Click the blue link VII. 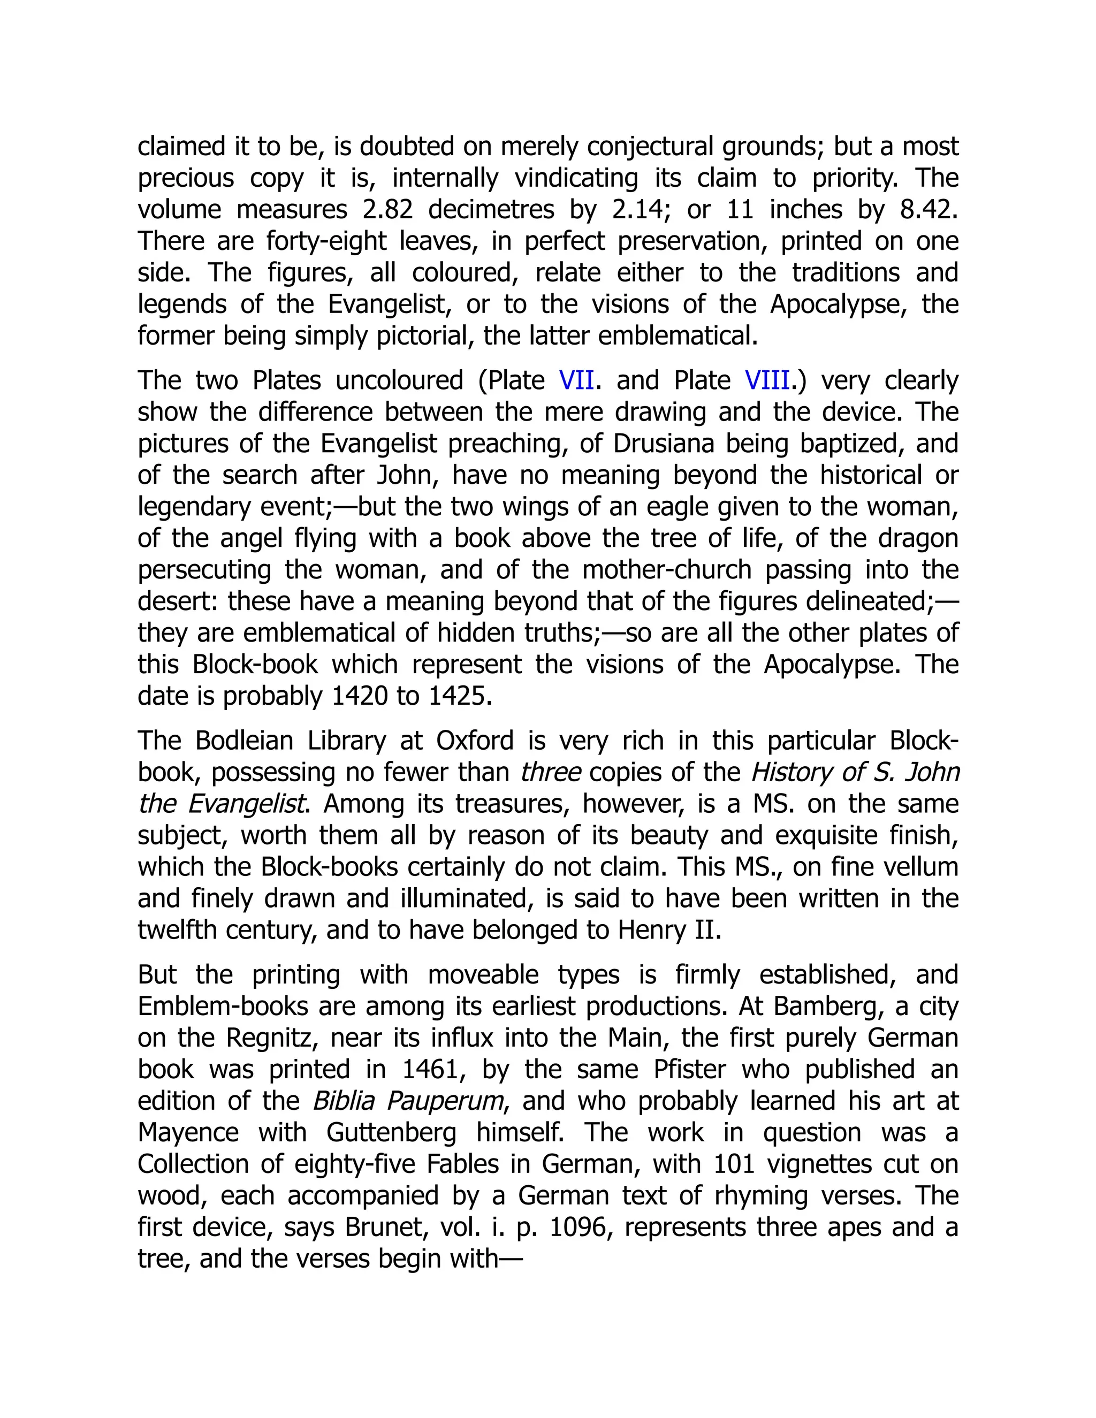tap(576, 380)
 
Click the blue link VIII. tap(767, 380)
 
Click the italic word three tap(551, 773)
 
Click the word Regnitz tap(271, 1038)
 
